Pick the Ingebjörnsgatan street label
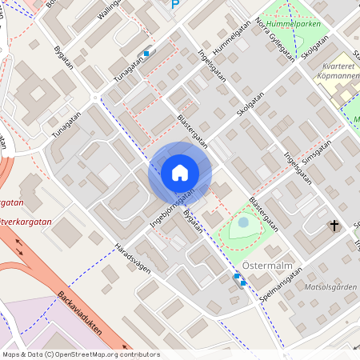[172, 210]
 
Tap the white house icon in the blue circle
[180, 173]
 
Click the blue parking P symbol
[175, 4]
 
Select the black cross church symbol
[334, 226]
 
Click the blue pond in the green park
[243, 224]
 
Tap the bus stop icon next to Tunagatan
[146, 54]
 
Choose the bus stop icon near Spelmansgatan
[240, 279]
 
